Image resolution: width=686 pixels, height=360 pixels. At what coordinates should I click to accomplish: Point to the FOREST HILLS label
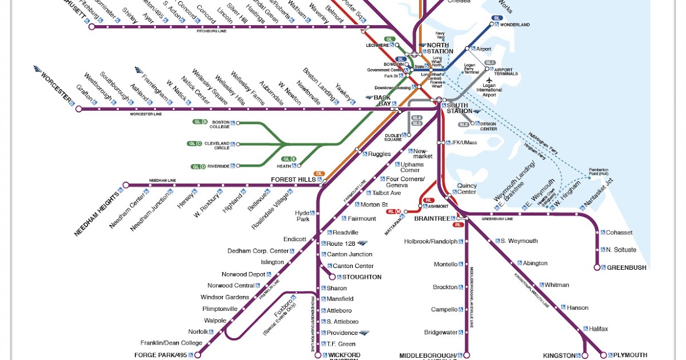[293, 179]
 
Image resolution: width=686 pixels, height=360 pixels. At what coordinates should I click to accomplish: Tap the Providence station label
[342, 333]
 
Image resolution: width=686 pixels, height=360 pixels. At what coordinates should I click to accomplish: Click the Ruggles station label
[380, 154]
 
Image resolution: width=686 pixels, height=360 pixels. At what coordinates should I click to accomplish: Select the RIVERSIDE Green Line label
[218, 166]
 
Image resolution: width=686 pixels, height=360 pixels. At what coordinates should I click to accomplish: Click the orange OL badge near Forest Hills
[320, 173]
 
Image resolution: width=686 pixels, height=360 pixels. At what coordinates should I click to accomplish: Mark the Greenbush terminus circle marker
[597, 267]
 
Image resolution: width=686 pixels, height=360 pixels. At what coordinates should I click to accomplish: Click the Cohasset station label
[619, 233]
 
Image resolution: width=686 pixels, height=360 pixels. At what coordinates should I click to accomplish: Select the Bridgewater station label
[441, 332]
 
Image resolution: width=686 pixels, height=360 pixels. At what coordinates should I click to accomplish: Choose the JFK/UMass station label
[464, 142]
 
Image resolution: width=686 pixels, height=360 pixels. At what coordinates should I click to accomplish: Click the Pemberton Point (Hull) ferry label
[601, 173]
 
